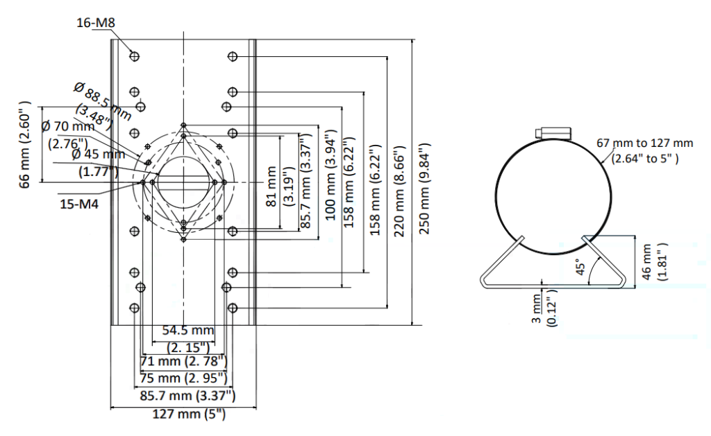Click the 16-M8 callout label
click(x=96, y=22)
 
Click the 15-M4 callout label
click(x=79, y=204)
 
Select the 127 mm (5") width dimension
click(x=189, y=414)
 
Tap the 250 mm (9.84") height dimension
click(x=424, y=189)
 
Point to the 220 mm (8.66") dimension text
click(x=399, y=191)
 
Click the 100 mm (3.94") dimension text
click(x=331, y=175)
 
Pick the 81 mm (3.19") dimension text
click(x=279, y=186)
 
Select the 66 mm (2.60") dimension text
click(x=25, y=144)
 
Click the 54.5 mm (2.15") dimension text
click(x=188, y=339)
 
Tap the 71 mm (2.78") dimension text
click(x=183, y=361)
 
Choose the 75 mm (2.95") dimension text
click(x=183, y=378)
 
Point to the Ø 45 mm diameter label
click(x=98, y=162)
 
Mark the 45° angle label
click(x=580, y=267)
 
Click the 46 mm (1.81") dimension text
click(x=654, y=261)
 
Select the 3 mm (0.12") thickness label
click(x=544, y=310)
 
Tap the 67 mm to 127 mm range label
click(x=644, y=151)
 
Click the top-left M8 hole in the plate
click(x=134, y=56)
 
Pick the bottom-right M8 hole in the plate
click(x=233, y=308)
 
